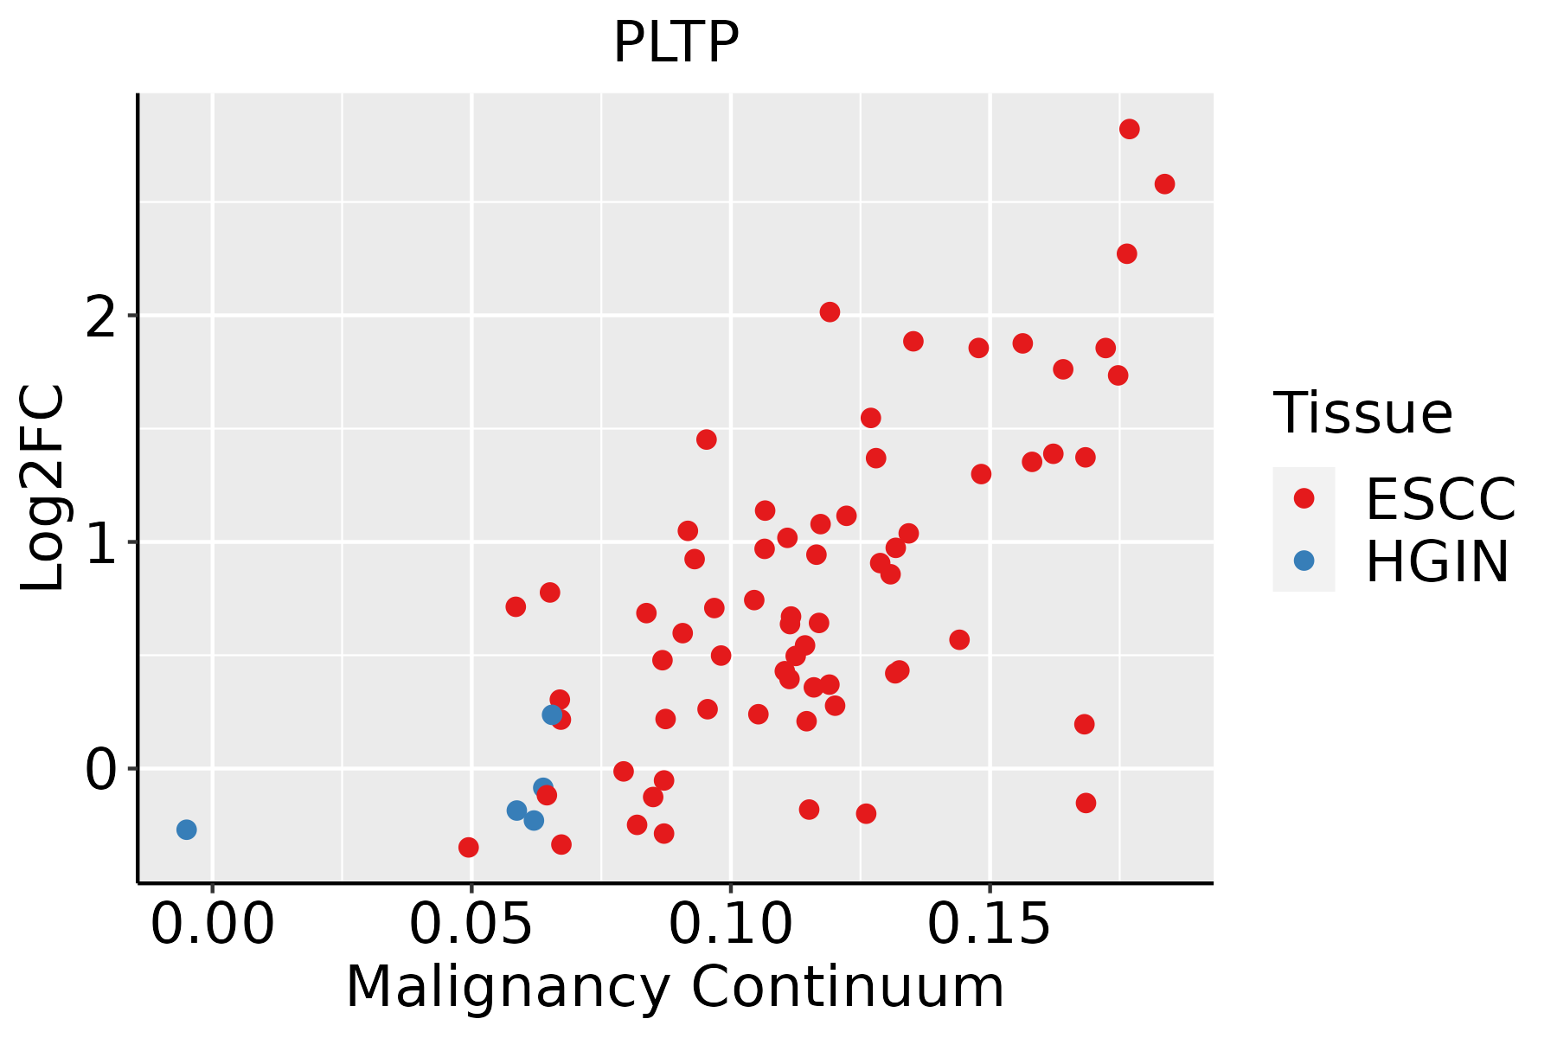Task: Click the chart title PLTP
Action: tap(676, 42)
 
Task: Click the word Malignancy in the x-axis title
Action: tap(508, 987)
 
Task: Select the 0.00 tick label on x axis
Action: tap(212, 925)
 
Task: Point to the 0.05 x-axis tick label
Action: tap(471, 925)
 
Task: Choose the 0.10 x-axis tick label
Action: tap(731, 925)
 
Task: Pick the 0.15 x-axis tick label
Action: tap(990, 925)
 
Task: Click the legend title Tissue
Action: tap(1363, 413)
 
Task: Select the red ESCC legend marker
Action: tap(1304, 498)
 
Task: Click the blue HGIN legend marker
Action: tap(1304, 561)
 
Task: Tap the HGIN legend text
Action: tap(1437, 562)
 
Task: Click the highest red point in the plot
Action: tap(1129, 129)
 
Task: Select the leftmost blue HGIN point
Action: tap(186, 830)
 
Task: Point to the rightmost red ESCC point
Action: tap(1164, 184)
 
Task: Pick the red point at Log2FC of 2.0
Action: tap(830, 312)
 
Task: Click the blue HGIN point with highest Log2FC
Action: tap(552, 714)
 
